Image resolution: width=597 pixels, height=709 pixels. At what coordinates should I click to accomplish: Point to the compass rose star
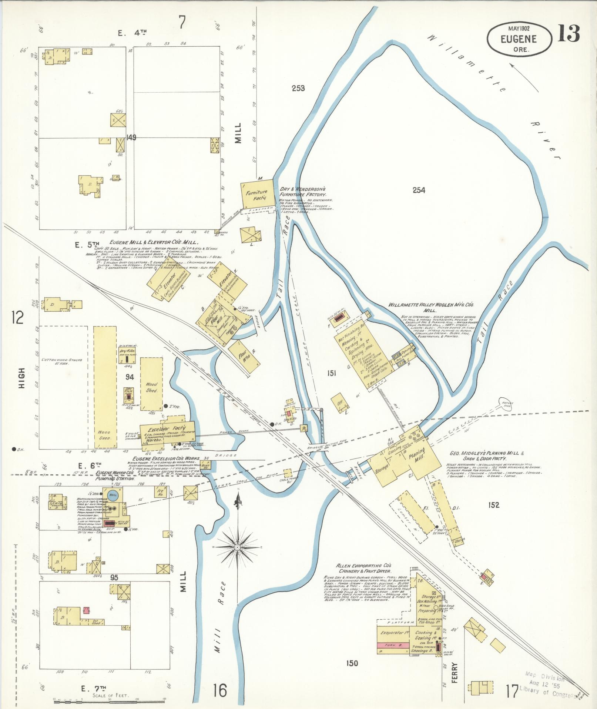click(237, 547)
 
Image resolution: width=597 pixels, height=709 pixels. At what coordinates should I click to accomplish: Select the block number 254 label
click(419, 190)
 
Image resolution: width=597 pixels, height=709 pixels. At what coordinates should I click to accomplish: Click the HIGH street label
click(22, 378)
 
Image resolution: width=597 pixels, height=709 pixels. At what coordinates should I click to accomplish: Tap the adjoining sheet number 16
click(219, 690)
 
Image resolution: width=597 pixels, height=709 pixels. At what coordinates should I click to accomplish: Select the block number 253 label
click(298, 88)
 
